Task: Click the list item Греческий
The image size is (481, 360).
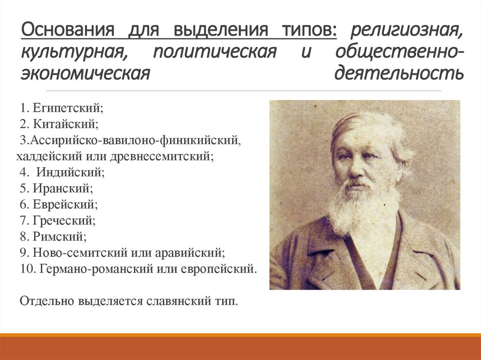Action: point(64,221)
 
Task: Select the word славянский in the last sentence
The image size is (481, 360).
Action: point(172,300)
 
